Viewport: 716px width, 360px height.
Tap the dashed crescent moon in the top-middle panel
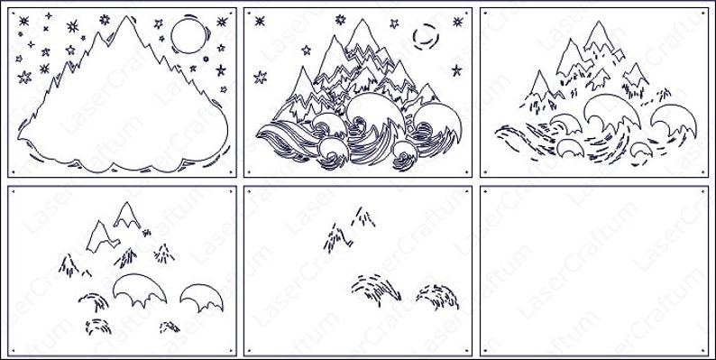coord(423,36)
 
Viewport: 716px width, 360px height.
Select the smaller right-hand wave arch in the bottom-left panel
coord(200,295)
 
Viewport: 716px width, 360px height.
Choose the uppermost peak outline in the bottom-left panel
coord(125,214)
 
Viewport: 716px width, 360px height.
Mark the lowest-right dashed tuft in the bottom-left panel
coord(169,326)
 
